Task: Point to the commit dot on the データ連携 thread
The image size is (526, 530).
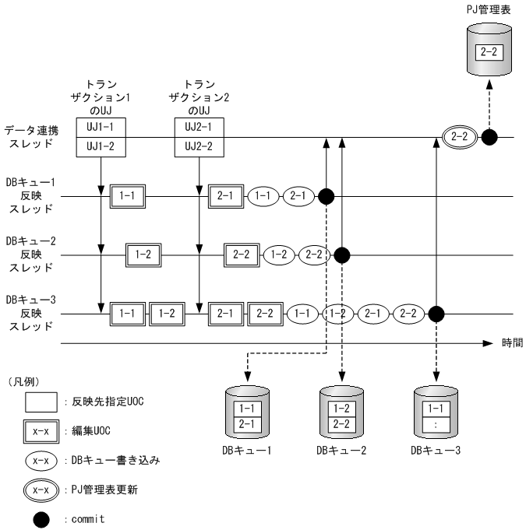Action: (x=489, y=138)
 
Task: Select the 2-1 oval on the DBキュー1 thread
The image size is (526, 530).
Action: (x=298, y=196)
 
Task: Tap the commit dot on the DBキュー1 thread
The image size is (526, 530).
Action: (x=327, y=196)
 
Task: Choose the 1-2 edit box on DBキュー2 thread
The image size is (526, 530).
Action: (x=143, y=254)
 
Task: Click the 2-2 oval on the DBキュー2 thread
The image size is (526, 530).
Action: (x=316, y=254)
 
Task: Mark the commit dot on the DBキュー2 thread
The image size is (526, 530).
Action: (x=342, y=254)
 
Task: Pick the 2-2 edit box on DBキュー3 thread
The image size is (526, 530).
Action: (x=265, y=314)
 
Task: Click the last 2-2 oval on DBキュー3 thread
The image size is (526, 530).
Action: (x=407, y=314)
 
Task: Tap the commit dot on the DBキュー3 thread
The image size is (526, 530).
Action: (x=436, y=314)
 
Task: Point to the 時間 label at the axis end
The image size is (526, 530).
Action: (x=512, y=342)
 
